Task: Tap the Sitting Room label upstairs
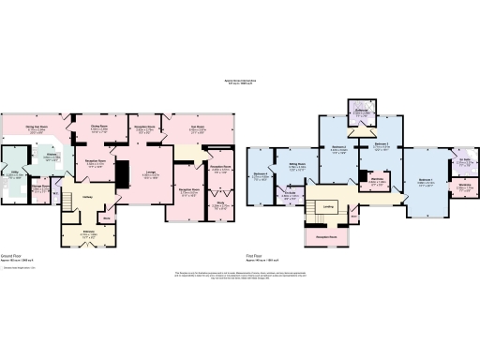[x=300, y=165]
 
